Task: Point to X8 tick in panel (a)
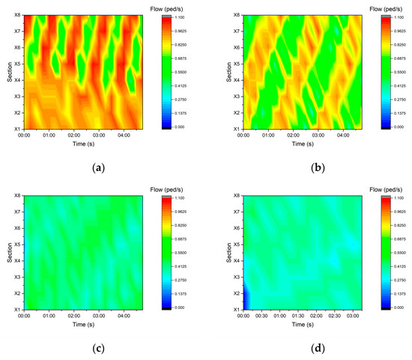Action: click(16, 15)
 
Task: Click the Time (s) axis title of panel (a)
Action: click(82, 144)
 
